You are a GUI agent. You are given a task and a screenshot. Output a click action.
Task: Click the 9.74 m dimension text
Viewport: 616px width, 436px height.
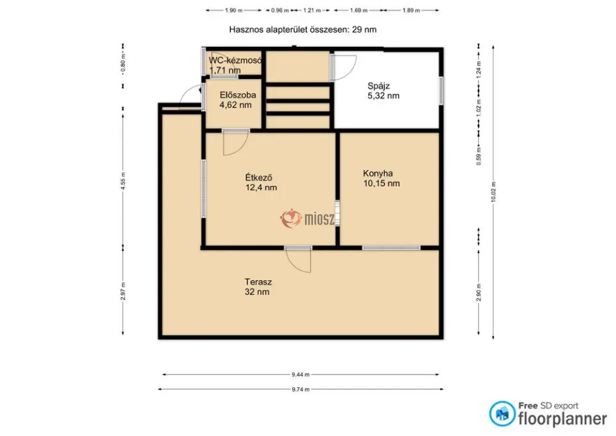tap(301, 390)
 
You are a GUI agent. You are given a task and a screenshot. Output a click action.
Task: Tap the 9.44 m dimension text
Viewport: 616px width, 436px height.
tap(301, 375)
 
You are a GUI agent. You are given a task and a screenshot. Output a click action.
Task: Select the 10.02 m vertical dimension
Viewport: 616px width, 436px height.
tap(493, 192)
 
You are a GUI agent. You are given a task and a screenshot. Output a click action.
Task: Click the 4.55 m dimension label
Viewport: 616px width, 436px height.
tap(123, 181)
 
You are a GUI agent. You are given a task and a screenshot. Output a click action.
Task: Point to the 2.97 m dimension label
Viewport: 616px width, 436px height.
tap(123, 291)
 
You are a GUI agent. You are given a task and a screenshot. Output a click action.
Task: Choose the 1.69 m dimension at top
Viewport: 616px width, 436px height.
tap(359, 10)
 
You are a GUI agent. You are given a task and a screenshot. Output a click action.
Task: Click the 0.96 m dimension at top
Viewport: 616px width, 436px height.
tap(280, 10)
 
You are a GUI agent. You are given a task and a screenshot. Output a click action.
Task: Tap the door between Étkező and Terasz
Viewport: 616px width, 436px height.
tap(298, 260)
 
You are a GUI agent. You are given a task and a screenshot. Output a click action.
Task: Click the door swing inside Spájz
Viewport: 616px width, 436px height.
tap(343, 67)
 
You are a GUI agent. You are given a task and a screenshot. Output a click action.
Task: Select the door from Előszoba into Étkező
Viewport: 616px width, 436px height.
tap(236, 142)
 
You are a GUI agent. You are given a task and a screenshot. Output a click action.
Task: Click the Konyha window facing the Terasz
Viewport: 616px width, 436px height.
tap(391, 248)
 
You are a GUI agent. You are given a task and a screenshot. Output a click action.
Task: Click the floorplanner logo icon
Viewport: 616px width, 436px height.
tap(502, 414)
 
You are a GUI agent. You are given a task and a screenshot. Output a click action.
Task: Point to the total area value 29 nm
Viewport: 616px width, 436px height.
tap(364, 30)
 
